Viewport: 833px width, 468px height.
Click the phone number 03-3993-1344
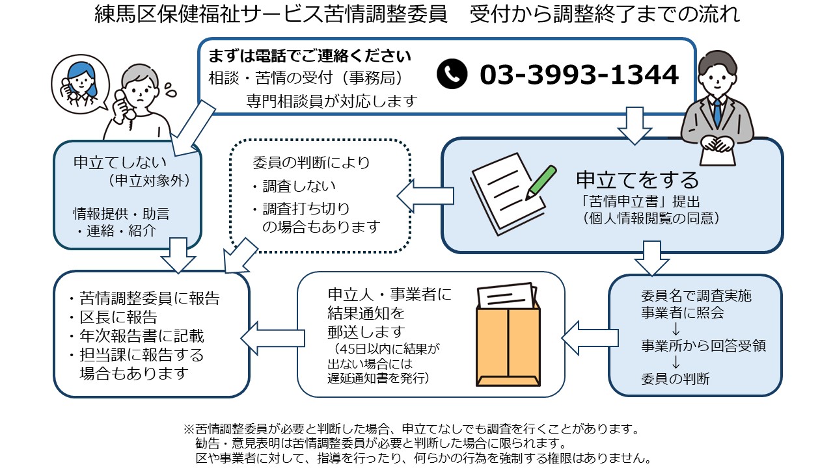coord(579,75)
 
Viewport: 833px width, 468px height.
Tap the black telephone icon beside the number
coord(452,75)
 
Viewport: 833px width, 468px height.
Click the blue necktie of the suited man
coord(717,112)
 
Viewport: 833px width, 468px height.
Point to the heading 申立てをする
coord(637,179)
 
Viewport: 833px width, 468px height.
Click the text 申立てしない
coord(111,162)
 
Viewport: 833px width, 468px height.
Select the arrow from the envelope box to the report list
coord(268,337)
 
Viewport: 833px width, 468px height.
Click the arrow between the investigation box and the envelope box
coord(589,337)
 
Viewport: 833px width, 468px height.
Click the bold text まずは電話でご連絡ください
coord(310,55)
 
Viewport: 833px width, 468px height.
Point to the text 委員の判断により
coord(311,162)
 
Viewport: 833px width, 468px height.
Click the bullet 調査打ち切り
coord(306,209)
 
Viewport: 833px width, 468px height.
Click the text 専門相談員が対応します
coord(331,101)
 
